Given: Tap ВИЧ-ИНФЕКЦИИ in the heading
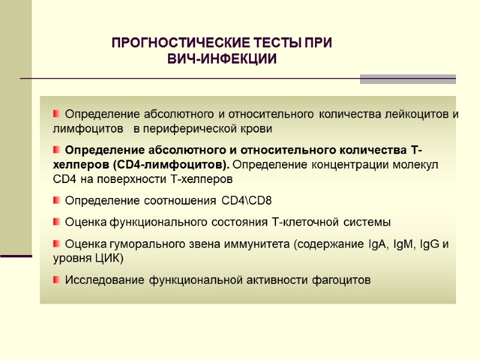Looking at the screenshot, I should [222, 59].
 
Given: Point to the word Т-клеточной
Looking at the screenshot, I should [307, 223].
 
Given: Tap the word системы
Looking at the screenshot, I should [367, 223].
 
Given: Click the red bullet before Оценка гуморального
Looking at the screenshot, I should [56, 244].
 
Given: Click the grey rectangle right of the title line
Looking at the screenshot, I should [407, 79].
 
